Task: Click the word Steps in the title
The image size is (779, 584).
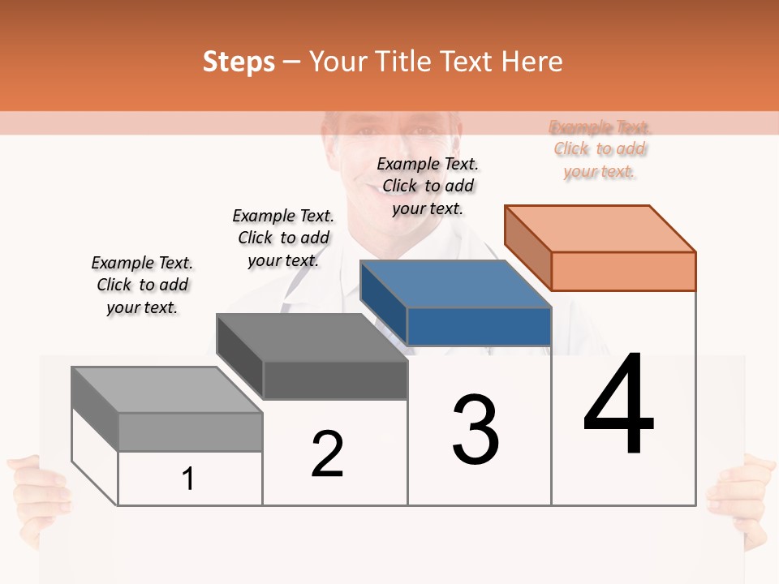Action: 239,62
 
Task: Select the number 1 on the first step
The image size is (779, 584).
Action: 188,479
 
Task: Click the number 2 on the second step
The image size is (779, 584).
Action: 327,454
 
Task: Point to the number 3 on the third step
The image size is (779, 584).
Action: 476,430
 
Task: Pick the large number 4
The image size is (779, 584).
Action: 618,406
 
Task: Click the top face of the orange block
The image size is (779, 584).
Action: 600,229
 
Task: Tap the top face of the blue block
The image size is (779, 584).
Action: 456,284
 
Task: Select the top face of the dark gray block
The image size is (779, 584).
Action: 312,337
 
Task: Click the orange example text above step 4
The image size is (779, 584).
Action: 600,149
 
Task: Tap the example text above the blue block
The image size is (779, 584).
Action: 428,186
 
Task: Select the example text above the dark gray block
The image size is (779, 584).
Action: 283,238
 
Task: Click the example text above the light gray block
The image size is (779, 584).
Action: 142,285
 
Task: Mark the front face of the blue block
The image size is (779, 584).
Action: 479,326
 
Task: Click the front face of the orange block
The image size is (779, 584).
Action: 623,271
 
